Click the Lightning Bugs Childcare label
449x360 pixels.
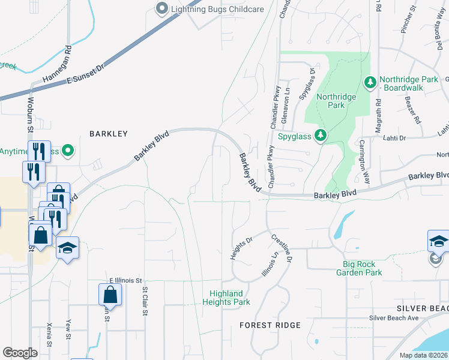pyautogui.click(x=209, y=9)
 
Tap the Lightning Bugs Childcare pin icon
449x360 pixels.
pyautogui.click(x=161, y=9)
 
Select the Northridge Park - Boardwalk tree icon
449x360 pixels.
pyautogui.click(x=370, y=82)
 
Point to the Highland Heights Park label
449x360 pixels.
pyautogui.click(x=230, y=298)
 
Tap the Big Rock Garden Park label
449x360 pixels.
pyautogui.click(x=370, y=268)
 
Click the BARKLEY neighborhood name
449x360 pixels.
pyautogui.click(x=109, y=134)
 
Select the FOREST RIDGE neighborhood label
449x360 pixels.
pyautogui.click(x=270, y=325)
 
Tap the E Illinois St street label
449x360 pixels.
pyautogui.click(x=125, y=280)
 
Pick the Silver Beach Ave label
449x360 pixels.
pyautogui.click(x=393, y=318)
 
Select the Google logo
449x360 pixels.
pyautogui.click(x=20, y=353)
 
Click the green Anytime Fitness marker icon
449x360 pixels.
pyautogui.click(x=68, y=151)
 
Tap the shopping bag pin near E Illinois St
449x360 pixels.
pyautogui.click(x=110, y=295)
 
